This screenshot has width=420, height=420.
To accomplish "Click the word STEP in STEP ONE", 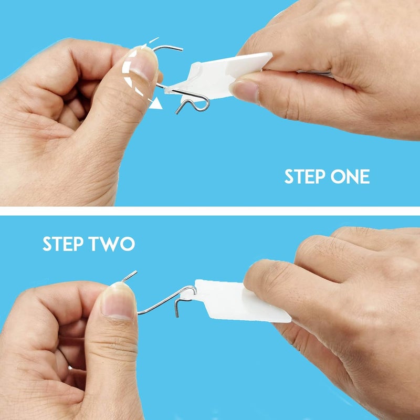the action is pyautogui.click(x=305, y=176).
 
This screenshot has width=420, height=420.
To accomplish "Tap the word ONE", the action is pyautogui.click(x=350, y=176).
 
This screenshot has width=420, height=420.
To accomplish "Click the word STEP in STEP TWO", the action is pyautogui.click(x=63, y=244).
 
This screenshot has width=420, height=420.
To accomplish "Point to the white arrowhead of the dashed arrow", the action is pyautogui.click(x=155, y=103).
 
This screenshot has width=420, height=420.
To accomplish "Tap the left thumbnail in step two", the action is pyautogui.click(x=118, y=301).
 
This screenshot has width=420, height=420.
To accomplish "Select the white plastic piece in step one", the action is pyautogui.click(x=218, y=76).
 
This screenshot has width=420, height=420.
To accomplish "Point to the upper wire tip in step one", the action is pyautogui.click(x=182, y=49).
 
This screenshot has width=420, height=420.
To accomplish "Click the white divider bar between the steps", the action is pyautogui.click(x=210, y=211).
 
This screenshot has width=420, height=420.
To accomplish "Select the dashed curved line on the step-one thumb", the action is pyautogui.click(x=128, y=70).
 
